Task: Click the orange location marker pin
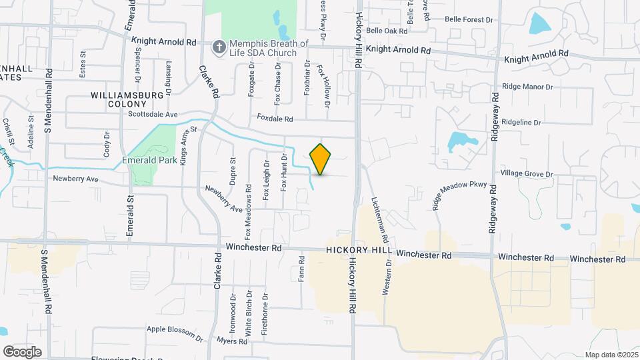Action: tap(321, 159)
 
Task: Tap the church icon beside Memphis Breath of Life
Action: tap(218, 47)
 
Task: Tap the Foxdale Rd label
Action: tap(275, 119)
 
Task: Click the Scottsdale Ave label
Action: tap(153, 115)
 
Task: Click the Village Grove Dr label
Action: tap(527, 174)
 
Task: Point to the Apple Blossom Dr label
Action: tap(175, 331)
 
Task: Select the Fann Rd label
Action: tap(302, 267)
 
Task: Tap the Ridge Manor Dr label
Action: tap(528, 87)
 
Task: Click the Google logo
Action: tap(22, 351)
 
